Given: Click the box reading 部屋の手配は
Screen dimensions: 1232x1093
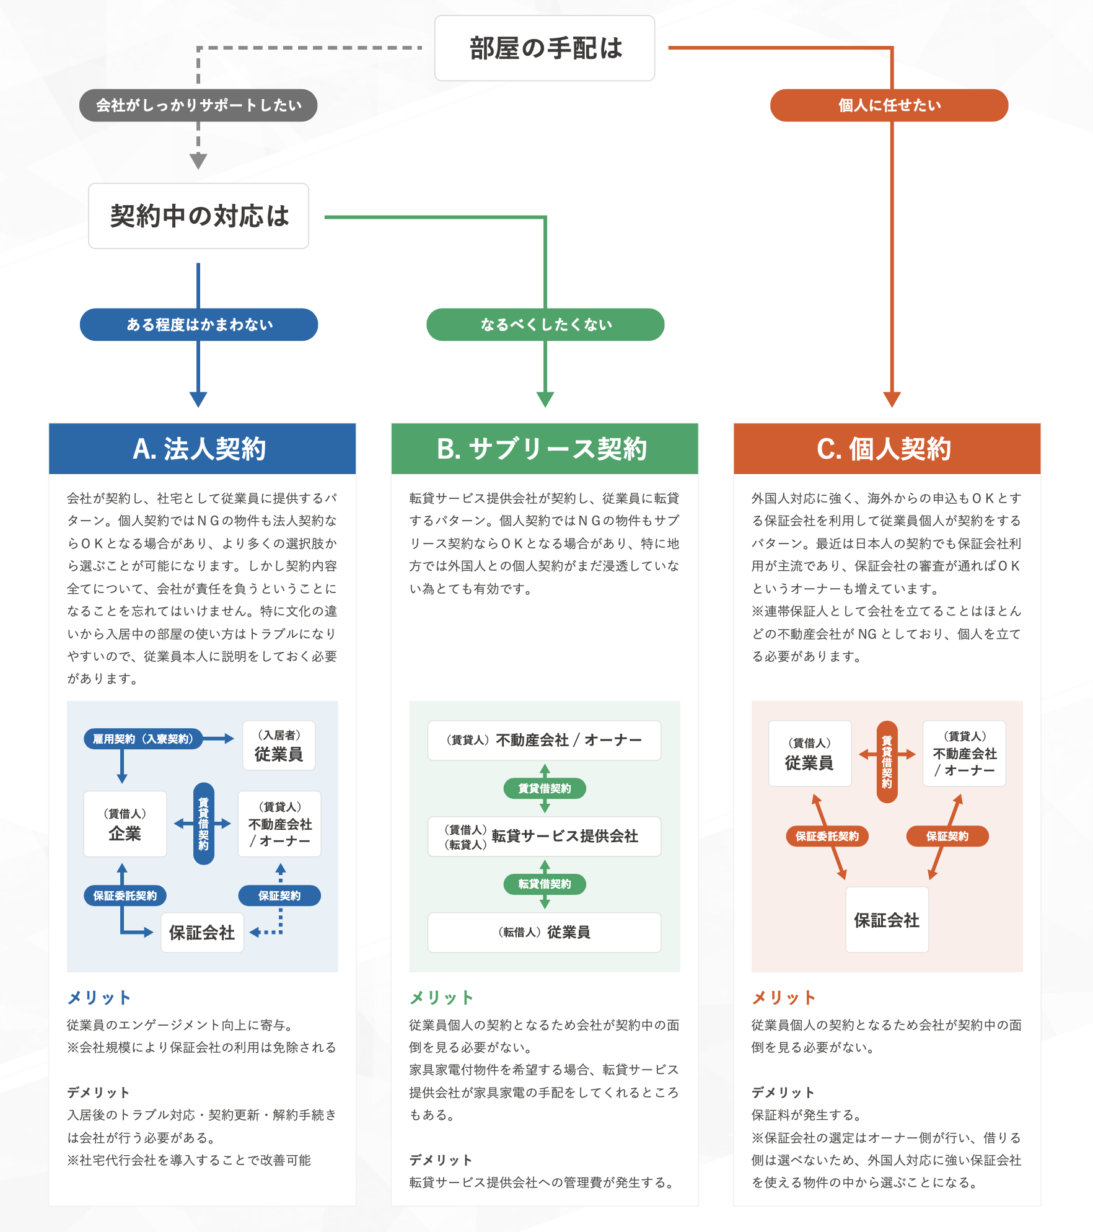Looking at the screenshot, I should [545, 48].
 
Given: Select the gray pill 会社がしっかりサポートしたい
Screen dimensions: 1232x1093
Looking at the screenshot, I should [198, 105].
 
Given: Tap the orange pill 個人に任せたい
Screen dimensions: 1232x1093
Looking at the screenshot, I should [889, 105].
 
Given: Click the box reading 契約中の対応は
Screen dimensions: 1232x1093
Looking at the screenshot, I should [198, 216].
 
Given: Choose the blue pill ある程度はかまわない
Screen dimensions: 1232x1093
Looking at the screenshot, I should [199, 325].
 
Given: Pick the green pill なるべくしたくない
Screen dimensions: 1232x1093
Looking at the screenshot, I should [545, 325].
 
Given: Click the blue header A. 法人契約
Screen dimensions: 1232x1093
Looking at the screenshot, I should [202, 449].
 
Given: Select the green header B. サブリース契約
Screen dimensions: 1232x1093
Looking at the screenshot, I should [545, 449].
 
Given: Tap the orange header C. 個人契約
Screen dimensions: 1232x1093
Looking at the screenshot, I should [887, 449].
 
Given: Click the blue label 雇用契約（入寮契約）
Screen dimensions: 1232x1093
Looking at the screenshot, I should [143, 739].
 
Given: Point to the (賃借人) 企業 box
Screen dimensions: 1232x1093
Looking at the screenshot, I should [125, 824].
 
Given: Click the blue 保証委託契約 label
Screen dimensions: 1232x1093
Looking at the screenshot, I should [125, 895].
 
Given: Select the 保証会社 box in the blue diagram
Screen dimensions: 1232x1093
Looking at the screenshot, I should [202, 933].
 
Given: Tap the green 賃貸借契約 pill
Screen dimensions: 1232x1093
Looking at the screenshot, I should [545, 788].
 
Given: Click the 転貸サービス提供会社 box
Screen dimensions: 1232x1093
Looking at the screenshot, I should [544, 837].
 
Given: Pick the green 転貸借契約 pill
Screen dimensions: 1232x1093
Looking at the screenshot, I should [545, 884].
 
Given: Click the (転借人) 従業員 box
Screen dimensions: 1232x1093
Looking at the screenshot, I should [544, 932].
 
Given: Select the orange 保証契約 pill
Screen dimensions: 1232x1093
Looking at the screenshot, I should [947, 836].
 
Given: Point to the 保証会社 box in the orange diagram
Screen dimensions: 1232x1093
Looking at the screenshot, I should [887, 920].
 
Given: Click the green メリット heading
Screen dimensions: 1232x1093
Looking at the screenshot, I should [441, 998].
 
